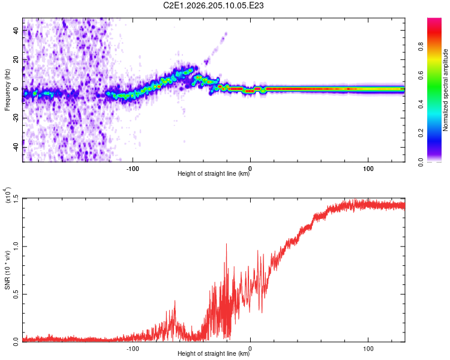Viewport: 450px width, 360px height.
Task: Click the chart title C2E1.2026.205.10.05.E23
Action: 213,5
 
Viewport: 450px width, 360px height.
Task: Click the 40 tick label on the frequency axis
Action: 16,30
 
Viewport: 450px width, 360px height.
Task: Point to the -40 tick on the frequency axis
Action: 16,147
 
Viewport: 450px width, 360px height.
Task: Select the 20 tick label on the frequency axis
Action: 16,59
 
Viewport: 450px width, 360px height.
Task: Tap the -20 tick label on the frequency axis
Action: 16,118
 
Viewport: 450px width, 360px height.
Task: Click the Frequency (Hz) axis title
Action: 7,90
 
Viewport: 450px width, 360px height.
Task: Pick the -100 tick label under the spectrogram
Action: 133,169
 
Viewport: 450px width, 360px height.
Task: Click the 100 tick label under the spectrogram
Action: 368,169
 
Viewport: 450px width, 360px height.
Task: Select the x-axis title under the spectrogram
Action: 214,173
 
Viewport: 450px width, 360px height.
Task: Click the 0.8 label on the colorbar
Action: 421,47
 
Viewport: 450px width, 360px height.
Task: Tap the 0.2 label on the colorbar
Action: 421,133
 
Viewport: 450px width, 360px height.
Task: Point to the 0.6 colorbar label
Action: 421,76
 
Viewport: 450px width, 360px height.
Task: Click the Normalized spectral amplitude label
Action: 445,90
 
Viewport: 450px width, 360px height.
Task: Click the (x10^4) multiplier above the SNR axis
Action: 8,195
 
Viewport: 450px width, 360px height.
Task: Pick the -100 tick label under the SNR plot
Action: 133,349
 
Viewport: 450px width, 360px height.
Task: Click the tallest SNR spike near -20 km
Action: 226,244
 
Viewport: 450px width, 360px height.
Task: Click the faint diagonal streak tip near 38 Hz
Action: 226,34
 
